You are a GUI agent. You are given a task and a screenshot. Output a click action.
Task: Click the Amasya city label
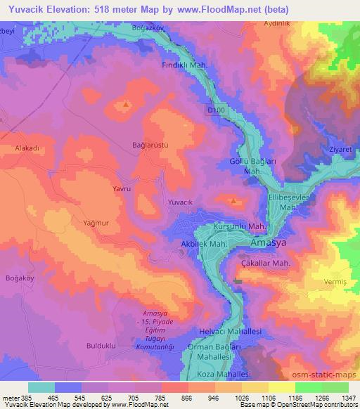(x=268, y=243)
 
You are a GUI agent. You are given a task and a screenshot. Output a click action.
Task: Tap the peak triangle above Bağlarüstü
(x=126, y=105)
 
